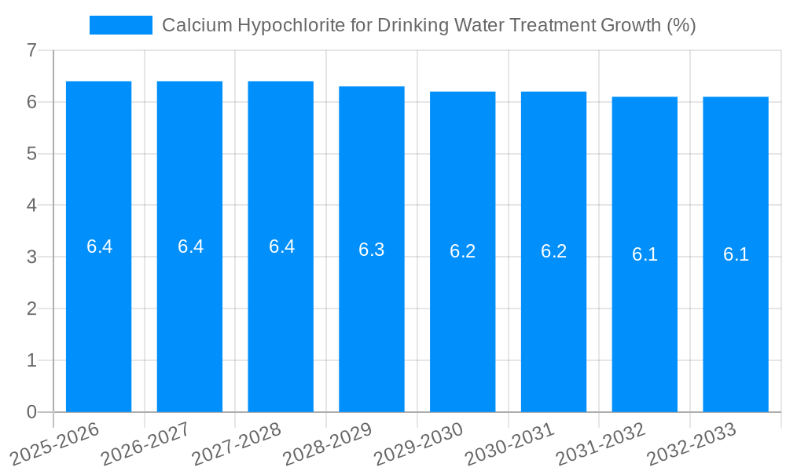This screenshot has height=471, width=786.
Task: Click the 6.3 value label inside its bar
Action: (x=372, y=250)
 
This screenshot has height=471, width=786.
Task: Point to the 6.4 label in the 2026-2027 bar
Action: (x=190, y=246)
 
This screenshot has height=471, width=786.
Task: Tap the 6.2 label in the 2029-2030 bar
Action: (x=463, y=251)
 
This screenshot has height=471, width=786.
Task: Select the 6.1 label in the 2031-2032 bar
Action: (x=645, y=254)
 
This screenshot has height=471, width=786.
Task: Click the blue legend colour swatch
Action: (x=120, y=25)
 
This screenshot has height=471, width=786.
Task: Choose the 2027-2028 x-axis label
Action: (x=236, y=444)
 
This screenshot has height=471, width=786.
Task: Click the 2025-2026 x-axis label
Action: (x=55, y=444)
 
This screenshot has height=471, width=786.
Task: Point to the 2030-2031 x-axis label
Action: (x=509, y=444)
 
